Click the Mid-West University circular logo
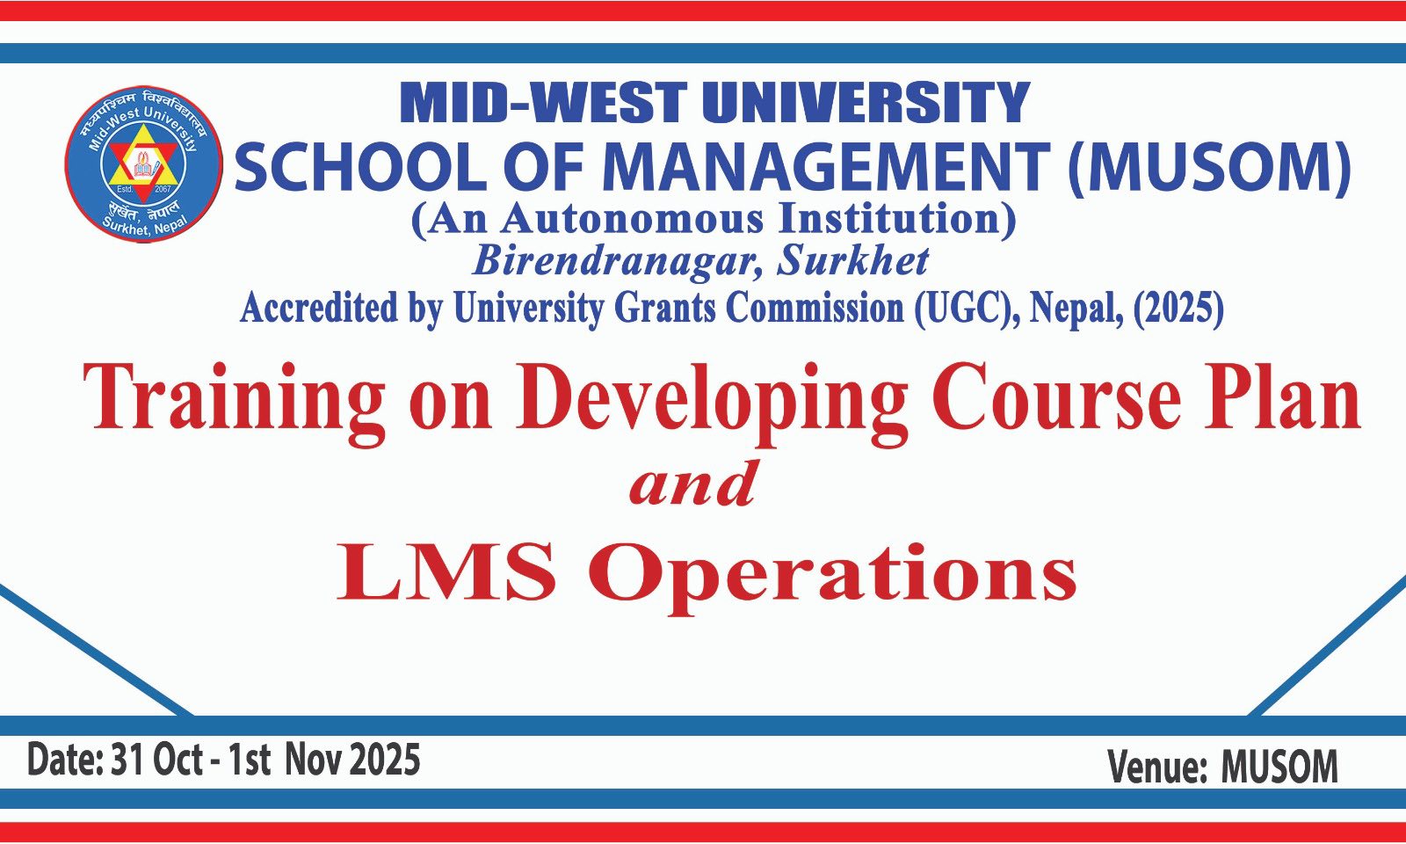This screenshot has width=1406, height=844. pos(144,164)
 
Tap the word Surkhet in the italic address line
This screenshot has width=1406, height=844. pos(853,260)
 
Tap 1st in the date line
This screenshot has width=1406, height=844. pos(250,760)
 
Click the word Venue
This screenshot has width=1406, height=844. pos(1157,767)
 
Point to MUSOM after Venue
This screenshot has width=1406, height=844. pos(1279,767)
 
